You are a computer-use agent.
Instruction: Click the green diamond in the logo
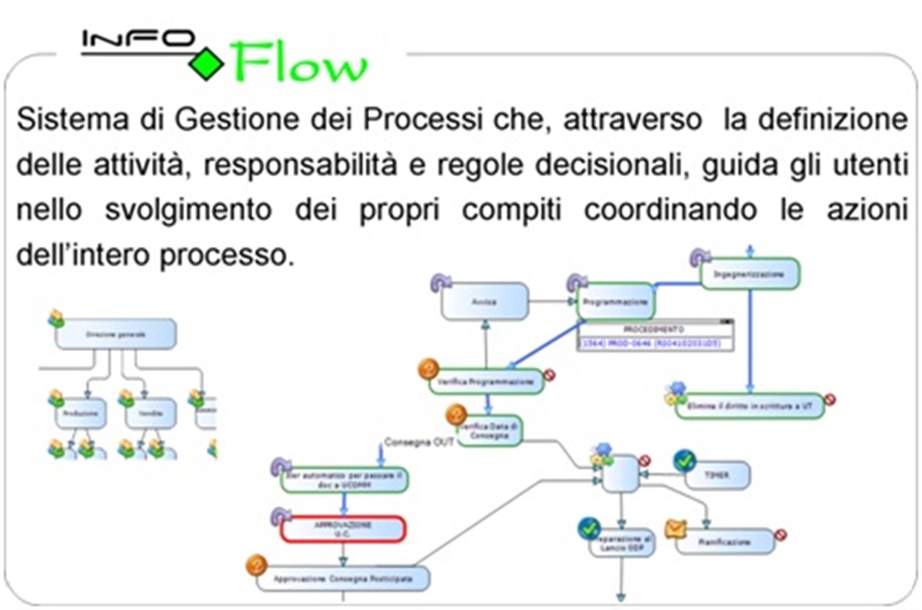pos(207,63)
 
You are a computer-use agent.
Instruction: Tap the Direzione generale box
pos(115,334)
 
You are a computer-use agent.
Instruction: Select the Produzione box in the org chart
pos(80,414)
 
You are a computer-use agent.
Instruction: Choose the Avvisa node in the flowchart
pos(484,301)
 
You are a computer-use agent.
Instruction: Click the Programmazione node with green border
pos(616,301)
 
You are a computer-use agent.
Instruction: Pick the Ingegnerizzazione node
pos(749,274)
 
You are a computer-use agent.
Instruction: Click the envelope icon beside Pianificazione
pos(676,530)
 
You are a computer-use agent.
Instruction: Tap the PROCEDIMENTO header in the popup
pos(653,329)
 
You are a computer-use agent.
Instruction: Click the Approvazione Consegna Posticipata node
pos(343,579)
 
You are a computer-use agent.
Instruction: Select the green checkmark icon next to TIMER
pos(683,461)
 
